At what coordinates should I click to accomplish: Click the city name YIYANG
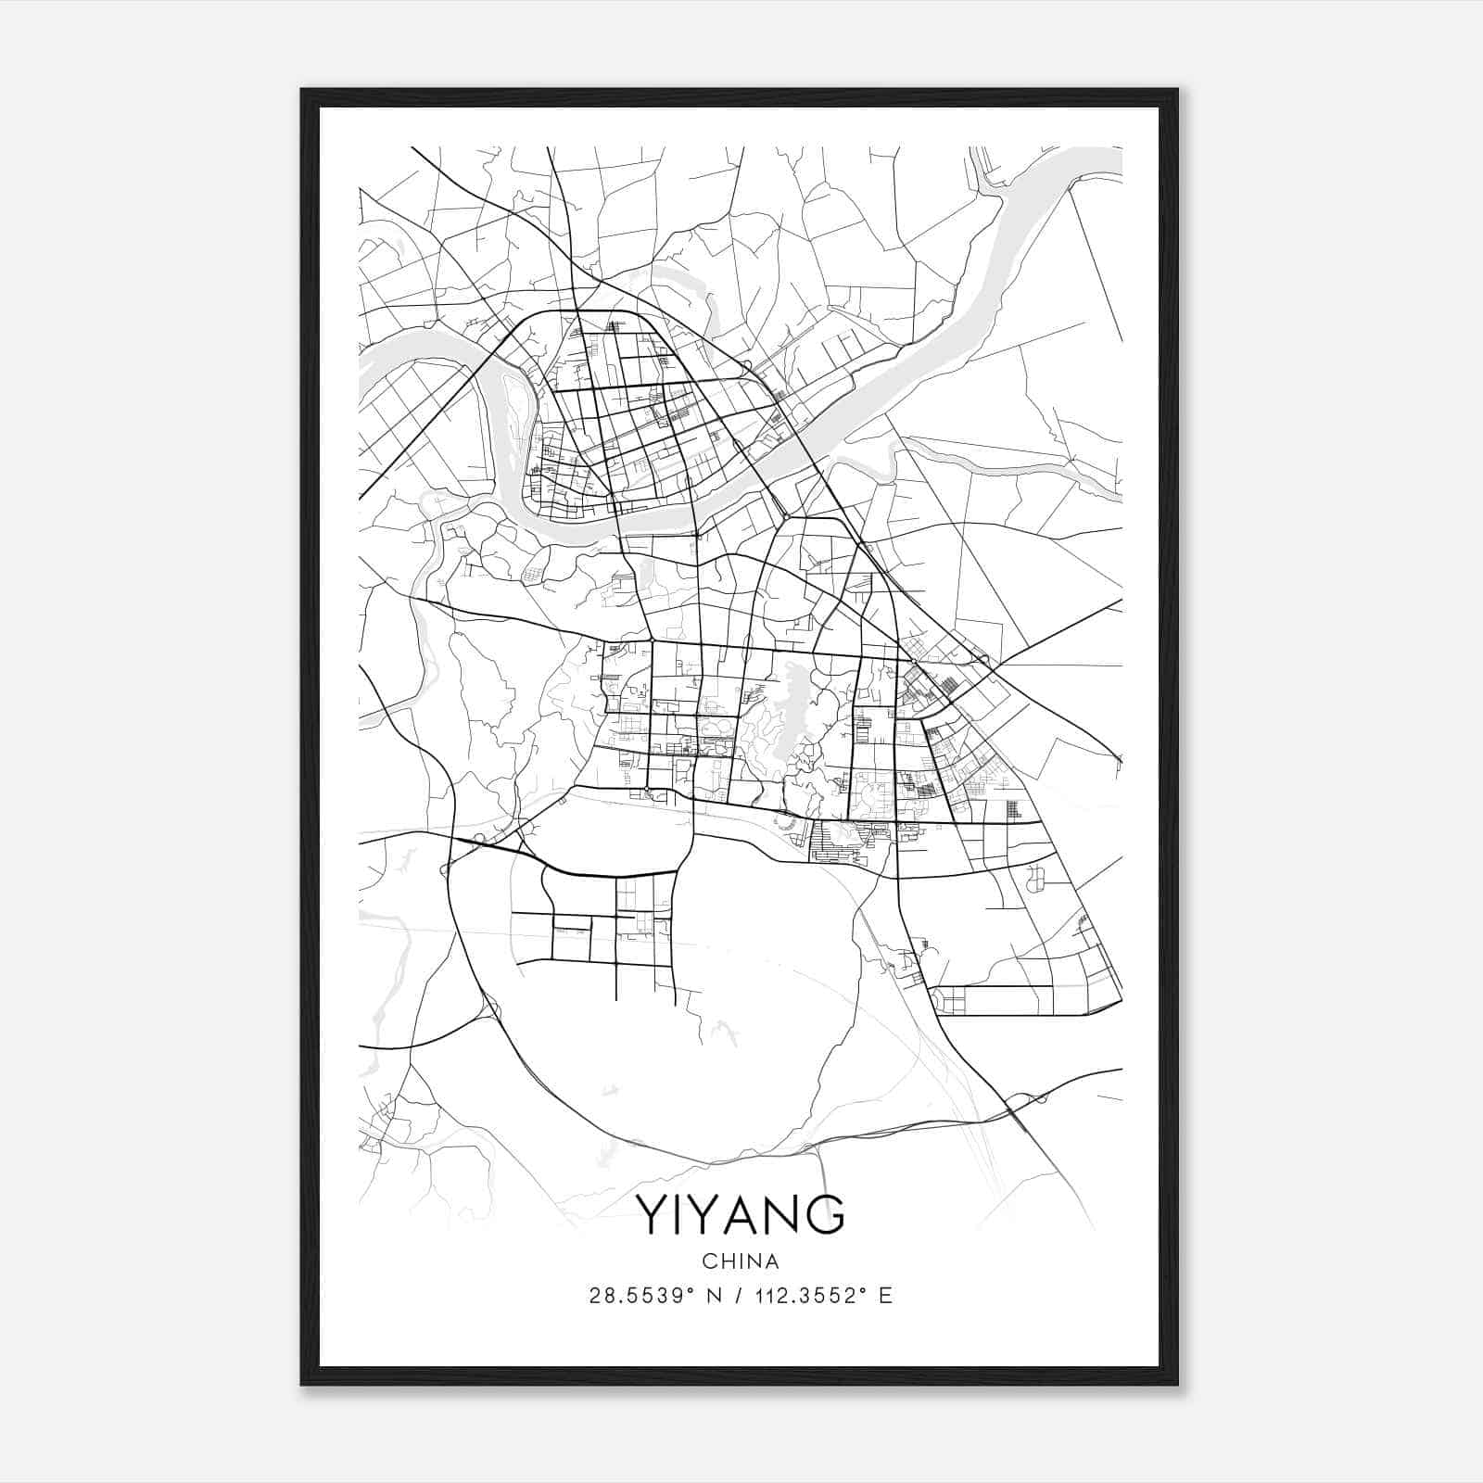741,1215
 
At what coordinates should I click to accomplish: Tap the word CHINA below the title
741,1261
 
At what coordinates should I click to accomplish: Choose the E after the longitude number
886,1296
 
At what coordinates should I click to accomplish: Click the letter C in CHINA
708,1261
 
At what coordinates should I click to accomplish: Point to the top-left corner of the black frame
302,90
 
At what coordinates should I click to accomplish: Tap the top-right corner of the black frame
1177,90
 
